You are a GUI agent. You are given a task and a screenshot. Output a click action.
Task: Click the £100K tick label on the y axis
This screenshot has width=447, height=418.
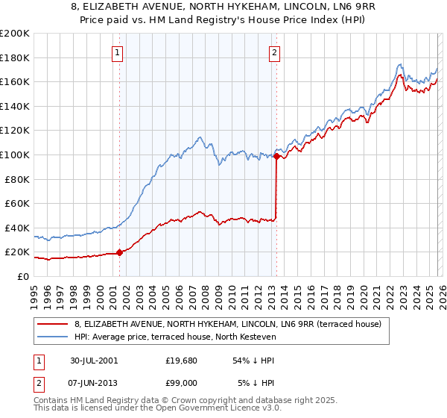pos(15,155)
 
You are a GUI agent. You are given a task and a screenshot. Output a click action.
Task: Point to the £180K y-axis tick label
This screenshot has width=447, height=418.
pos(15,57)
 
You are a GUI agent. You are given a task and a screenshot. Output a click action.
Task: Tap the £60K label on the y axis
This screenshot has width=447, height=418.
pos(17,203)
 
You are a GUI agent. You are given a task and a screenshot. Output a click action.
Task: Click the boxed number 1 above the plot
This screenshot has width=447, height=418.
pos(118,52)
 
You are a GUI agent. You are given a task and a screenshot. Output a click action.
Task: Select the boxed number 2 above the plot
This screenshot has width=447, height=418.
pos(275,52)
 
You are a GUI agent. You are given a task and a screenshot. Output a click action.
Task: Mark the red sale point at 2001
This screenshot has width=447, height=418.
pos(120,252)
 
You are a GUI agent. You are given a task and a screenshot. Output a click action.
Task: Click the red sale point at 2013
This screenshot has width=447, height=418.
pos(276,156)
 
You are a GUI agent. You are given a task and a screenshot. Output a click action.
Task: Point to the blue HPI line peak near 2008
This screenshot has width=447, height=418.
pos(200,137)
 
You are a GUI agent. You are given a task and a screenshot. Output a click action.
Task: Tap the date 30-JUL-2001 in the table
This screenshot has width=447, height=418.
pos(93,360)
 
